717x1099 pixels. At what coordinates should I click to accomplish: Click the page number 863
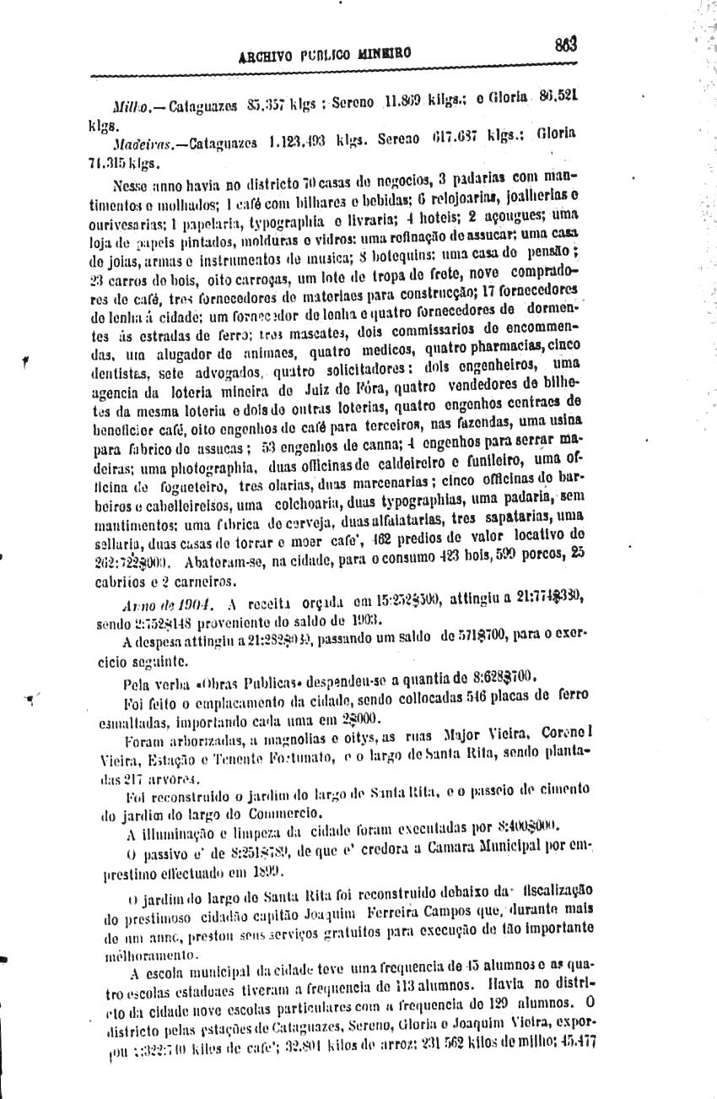point(565,44)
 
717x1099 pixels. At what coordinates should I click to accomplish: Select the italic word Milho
point(130,108)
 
